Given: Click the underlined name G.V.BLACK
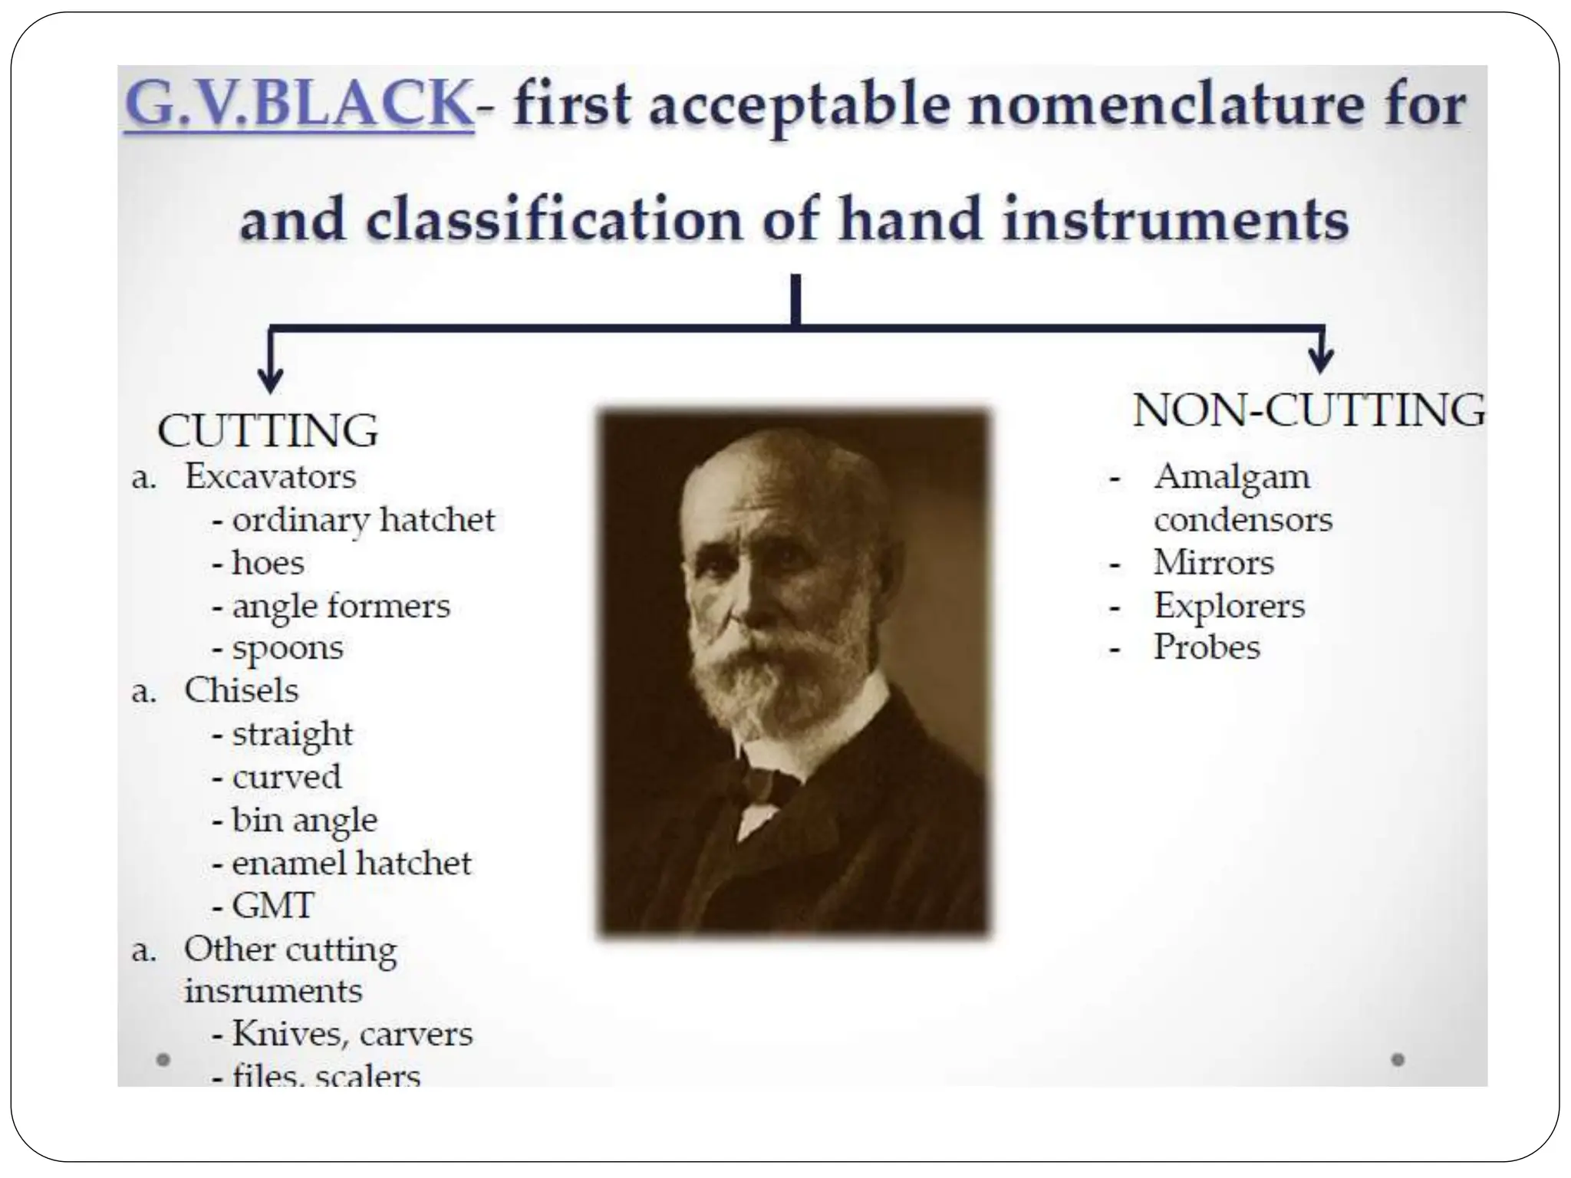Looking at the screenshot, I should point(298,104).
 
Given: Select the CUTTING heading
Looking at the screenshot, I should point(268,430).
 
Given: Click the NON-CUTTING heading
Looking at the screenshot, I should point(1309,410).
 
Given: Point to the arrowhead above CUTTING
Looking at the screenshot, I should point(270,380).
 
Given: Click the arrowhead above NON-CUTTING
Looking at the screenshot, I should point(1320,360).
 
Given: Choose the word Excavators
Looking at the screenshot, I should point(270,477).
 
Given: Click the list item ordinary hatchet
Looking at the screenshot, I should point(363,521).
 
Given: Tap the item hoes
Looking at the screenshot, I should point(268,564).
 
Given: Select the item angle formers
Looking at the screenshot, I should point(341,607).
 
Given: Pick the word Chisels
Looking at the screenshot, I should point(241,690).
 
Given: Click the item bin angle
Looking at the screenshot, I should point(305,821).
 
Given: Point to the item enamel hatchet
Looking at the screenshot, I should point(351,864).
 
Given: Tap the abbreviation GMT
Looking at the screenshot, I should point(273,906).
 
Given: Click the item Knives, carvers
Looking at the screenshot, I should point(352,1034).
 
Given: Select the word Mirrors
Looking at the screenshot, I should point(1214,563).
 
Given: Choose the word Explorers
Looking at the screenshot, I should point(1229,606).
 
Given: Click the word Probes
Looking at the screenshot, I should point(1207,647).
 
